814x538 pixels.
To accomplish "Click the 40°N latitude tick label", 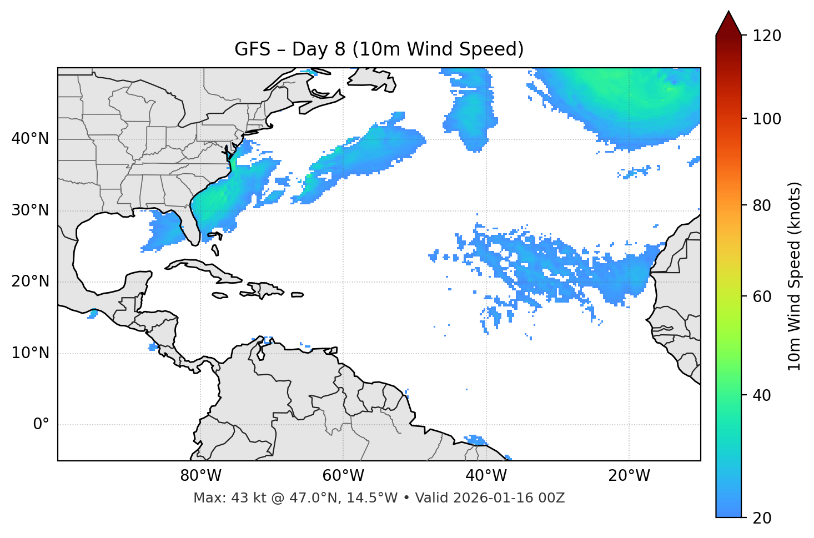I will [x=30, y=139].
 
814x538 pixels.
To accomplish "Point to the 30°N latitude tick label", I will [x=30, y=210].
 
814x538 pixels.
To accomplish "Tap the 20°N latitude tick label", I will [x=30, y=281].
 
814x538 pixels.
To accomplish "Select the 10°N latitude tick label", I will [x=30, y=353].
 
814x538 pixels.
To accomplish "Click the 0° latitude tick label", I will [x=41, y=425].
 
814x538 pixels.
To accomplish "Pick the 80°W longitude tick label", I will [x=200, y=476].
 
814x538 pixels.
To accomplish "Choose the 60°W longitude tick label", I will [x=343, y=476].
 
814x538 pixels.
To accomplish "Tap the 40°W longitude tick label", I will [x=486, y=476].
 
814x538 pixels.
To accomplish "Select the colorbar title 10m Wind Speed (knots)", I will [x=795, y=276].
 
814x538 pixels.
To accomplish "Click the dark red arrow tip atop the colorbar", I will [x=728, y=22].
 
